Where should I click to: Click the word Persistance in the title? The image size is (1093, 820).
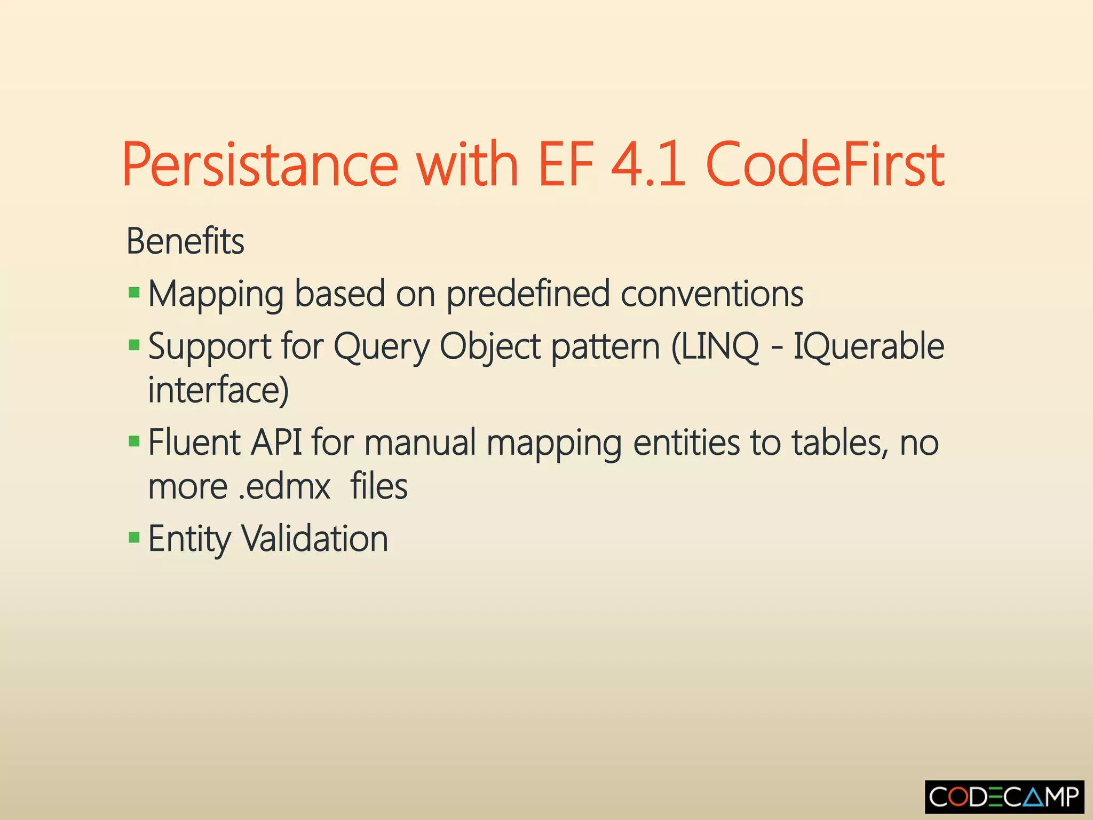[260, 164]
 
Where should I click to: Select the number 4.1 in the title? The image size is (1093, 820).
[648, 164]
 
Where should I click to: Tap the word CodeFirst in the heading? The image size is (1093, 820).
[825, 164]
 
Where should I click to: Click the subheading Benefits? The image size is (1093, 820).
[185, 241]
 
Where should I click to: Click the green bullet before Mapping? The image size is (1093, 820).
[134, 293]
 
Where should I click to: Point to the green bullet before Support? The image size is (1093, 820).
[134, 345]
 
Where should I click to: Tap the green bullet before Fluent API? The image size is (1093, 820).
[134, 441]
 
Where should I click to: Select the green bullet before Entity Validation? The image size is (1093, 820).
[134, 537]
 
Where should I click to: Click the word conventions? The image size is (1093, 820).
[712, 295]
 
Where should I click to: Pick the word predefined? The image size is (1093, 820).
[527, 295]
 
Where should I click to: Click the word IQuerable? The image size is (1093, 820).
[868, 347]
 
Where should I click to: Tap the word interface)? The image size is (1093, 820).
[218, 390]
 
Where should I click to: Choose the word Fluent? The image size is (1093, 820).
[194, 443]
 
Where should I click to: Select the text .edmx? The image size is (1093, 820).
[284, 487]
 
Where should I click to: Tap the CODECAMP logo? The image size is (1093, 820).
[1004, 797]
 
